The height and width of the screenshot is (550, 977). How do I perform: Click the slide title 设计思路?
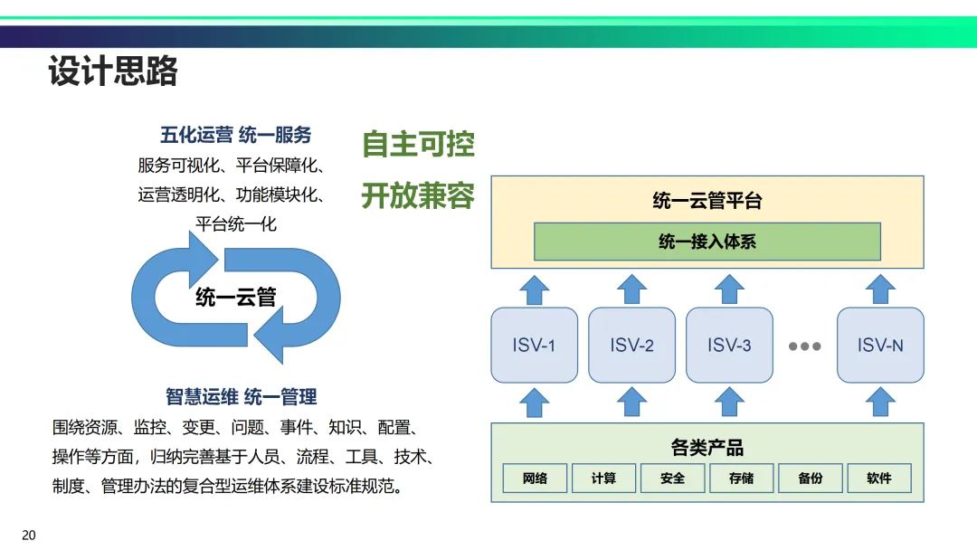(x=113, y=71)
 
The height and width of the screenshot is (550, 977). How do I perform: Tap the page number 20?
(x=29, y=536)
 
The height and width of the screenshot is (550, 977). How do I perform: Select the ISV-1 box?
(x=534, y=345)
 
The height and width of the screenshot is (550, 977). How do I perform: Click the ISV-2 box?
(x=631, y=345)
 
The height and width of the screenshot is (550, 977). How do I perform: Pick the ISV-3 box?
(x=729, y=345)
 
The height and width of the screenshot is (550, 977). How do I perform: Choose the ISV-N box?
(x=880, y=345)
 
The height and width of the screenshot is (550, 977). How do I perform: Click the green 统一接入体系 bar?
(x=707, y=242)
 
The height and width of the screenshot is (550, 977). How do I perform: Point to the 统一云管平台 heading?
(x=707, y=201)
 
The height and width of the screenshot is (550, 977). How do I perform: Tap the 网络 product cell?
(x=535, y=478)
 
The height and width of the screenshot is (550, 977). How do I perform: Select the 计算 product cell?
(x=603, y=478)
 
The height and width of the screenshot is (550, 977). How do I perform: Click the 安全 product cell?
(x=672, y=478)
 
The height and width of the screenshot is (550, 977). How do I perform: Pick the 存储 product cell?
(x=741, y=478)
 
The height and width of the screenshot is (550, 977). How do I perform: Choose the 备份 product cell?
(x=810, y=478)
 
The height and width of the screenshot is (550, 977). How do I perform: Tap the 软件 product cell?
(x=878, y=478)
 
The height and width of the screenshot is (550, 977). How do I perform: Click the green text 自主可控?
(x=418, y=144)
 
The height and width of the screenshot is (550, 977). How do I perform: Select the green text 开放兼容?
(x=418, y=195)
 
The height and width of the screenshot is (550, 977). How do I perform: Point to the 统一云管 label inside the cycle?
(x=235, y=297)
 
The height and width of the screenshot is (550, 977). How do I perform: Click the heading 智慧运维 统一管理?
(x=241, y=396)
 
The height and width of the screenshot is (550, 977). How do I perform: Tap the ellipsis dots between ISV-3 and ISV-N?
(x=804, y=346)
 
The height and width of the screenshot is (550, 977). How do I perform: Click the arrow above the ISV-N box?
(x=880, y=289)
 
